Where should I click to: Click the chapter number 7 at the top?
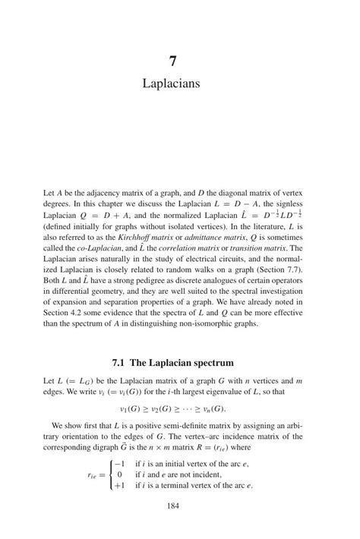(180, 58)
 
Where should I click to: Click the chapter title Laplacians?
(180, 82)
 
